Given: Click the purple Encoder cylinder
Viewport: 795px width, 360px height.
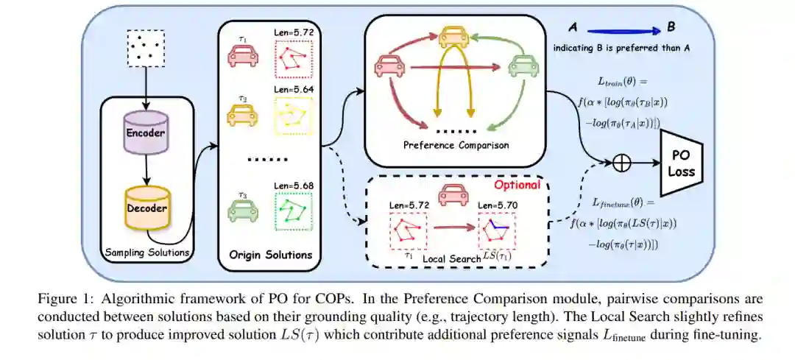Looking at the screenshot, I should tap(147, 133).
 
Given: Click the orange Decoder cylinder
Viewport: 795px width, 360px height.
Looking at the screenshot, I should tap(147, 208).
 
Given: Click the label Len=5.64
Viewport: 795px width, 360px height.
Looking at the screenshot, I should tap(293, 91).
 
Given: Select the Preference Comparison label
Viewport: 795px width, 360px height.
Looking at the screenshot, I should tap(456, 145).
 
